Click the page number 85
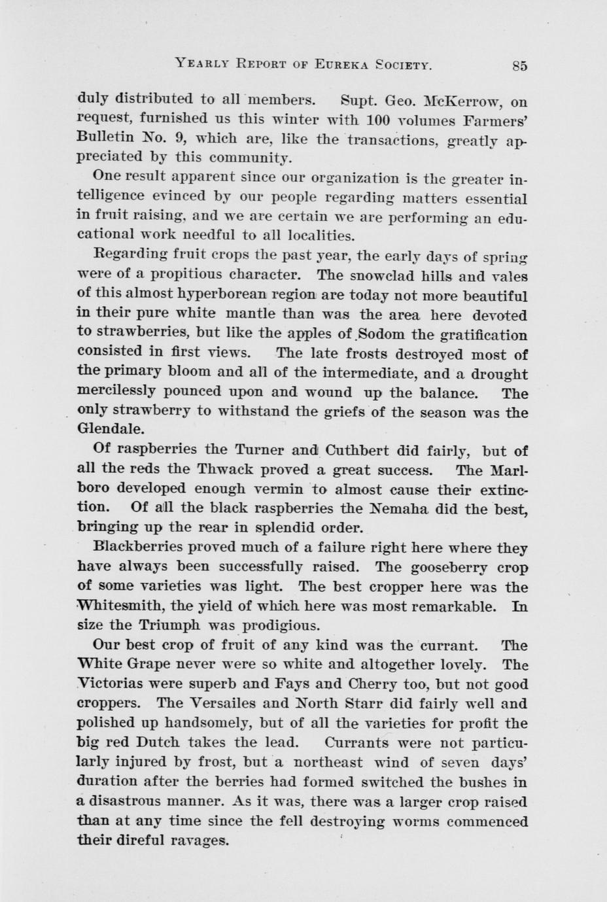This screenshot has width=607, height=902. pyautogui.click(x=520, y=65)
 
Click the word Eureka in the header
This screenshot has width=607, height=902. pyautogui.click(x=344, y=64)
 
